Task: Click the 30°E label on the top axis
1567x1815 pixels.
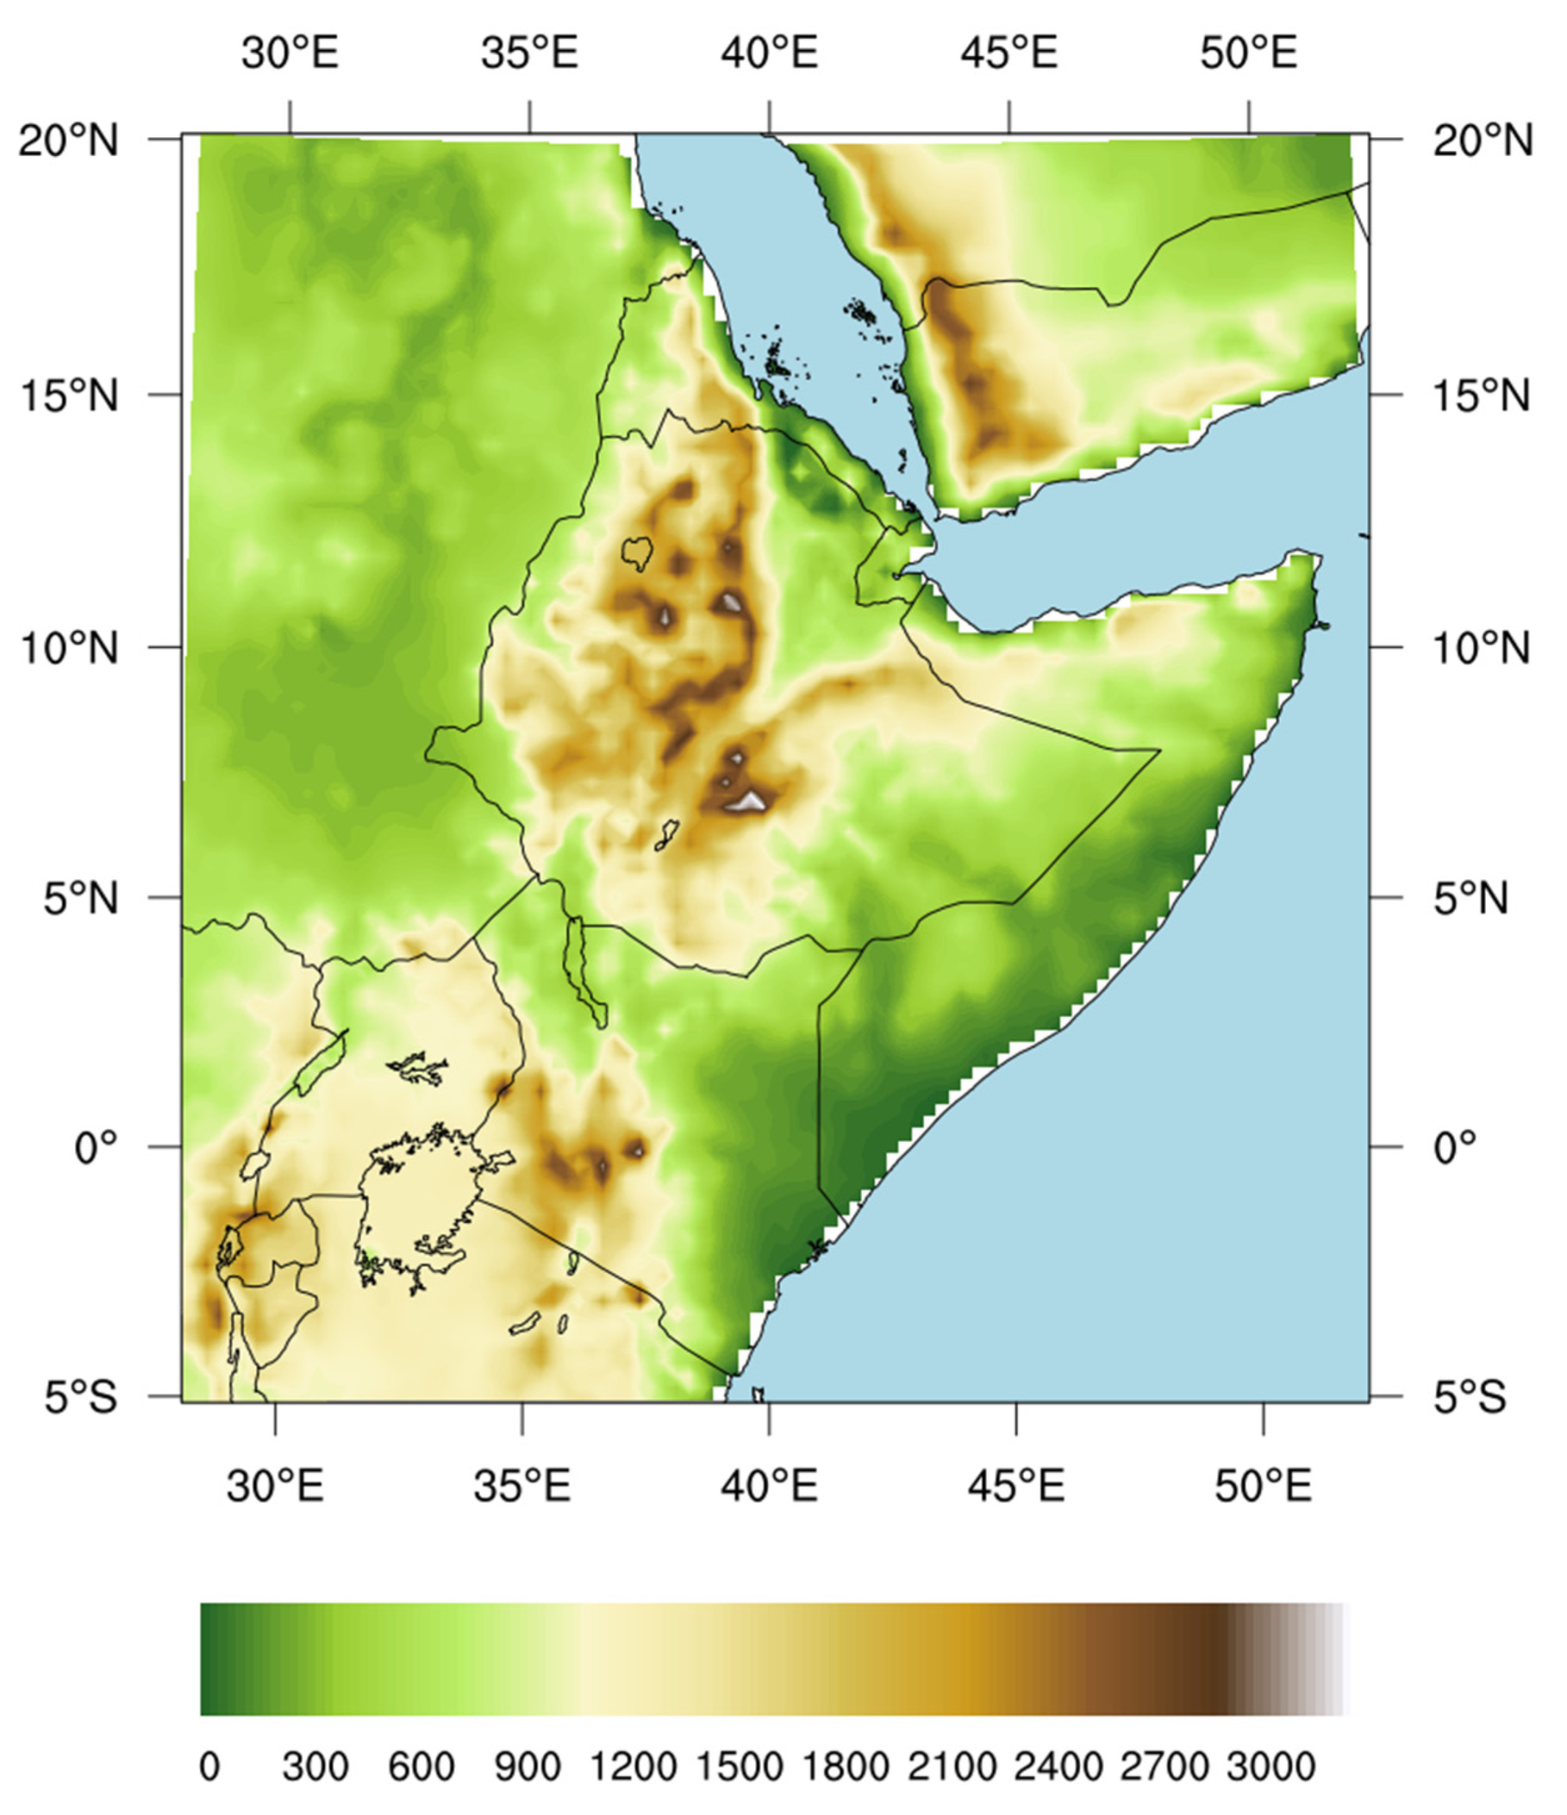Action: pos(290,53)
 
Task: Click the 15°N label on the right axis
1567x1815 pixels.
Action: pos(1482,396)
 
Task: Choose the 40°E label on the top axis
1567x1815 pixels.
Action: pos(769,53)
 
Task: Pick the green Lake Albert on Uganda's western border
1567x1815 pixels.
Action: pos(320,1061)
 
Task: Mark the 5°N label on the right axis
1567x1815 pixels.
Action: pos(1471,898)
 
